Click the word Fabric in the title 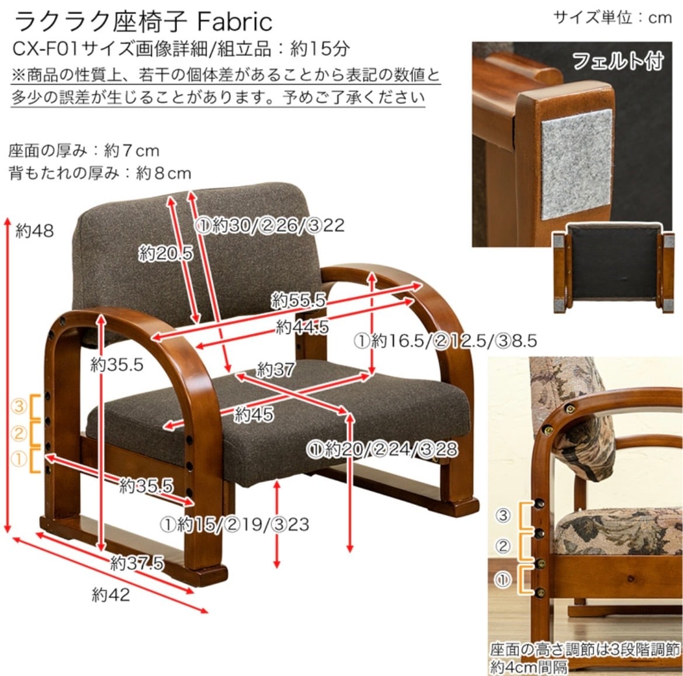click(235, 22)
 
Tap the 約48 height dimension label click(34, 231)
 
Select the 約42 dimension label click(110, 595)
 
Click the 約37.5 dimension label click(137, 563)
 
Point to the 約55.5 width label click(298, 301)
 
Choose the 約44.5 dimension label click(302, 327)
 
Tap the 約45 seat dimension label click(254, 414)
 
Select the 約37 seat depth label click(275, 369)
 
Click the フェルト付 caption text click(618, 61)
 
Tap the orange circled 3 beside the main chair click(20, 405)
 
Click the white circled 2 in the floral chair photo click(504, 547)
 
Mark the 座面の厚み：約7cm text click(84, 151)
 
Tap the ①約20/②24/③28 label click(383, 449)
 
